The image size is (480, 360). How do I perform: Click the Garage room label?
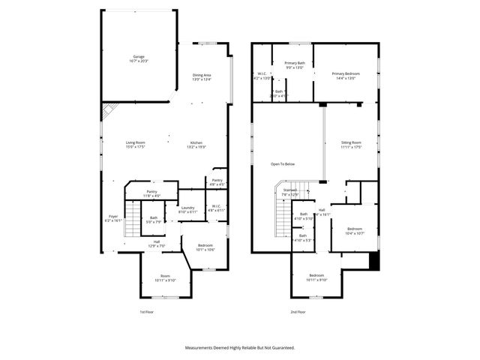click(x=139, y=57)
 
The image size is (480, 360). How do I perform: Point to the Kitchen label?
click(x=196, y=144)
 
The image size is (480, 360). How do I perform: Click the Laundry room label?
click(x=187, y=209)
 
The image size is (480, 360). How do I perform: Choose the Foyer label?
click(x=112, y=218)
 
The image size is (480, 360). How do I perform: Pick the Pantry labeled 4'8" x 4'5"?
click(x=217, y=181)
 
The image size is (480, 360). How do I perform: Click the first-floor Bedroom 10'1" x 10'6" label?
click(x=205, y=247)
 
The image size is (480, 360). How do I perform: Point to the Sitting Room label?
click(x=351, y=144)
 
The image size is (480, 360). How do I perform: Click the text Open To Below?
click(x=283, y=163)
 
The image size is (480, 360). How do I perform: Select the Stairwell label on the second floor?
click(x=290, y=192)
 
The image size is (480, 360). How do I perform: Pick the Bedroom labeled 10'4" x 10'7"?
click(x=355, y=230)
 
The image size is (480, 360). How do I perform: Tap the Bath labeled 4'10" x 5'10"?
click(x=304, y=216)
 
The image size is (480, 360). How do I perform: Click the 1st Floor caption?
click(x=148, y=311)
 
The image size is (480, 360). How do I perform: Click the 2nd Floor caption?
click(x=298, y=311)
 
